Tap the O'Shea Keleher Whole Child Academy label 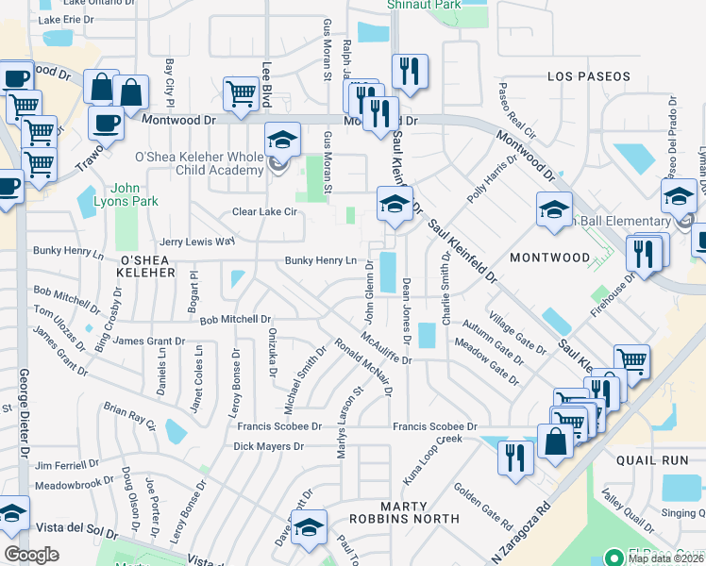198,163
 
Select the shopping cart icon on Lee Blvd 241,93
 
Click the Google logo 31,555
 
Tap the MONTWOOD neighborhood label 549,257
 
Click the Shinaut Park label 424,5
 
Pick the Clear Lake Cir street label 265,212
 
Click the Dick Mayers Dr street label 269,445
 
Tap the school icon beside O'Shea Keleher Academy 281,141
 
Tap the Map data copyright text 665,558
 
